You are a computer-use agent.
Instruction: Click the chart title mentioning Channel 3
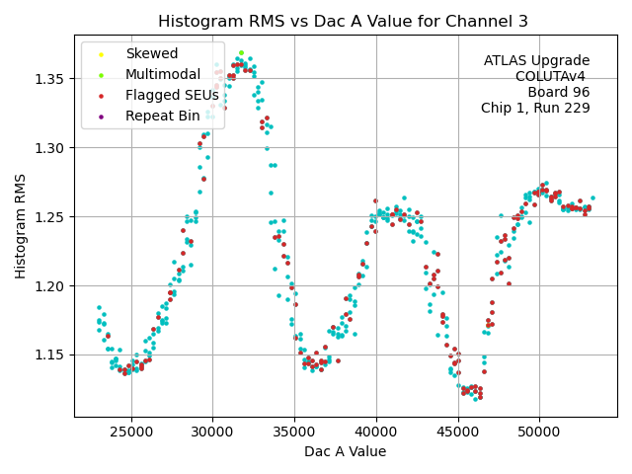[x=344, y=22]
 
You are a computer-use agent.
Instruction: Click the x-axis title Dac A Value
[x=345, y=451]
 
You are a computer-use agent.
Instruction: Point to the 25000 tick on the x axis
[x=131, y=432]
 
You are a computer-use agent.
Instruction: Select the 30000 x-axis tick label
[x=213, y=432]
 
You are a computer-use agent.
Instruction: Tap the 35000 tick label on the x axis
[x=294, y=432]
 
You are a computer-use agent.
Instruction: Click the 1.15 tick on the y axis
[x=51, y=355]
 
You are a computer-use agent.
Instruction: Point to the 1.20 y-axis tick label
[x=51, y=285]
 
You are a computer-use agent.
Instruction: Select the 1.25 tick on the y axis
[x=51, y=216]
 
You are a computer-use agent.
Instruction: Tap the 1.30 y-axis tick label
[x=51, y=148]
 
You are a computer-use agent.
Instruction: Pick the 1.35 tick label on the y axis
[x=51, y=79]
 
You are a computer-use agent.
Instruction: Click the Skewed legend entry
[x=151, y=53]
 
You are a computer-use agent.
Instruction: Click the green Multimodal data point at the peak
[x=241, y=53]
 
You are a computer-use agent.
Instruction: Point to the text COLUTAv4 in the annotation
[x=552, y=76]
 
